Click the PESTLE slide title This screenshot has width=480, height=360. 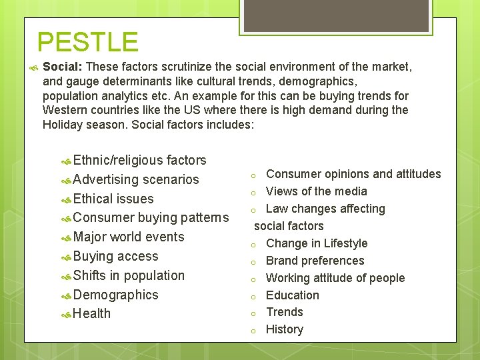click(87, 42)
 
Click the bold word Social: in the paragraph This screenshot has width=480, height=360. click(63, 67)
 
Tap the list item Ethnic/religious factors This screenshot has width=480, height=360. click(139, 161)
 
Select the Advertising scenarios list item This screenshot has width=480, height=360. click(136, 180)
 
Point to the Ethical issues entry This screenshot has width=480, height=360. click(113, 199)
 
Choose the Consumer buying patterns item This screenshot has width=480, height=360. click(151, 218)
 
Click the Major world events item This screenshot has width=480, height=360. click(129, 237)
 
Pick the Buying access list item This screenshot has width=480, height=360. click(116, 257)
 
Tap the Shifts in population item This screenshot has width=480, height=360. click(129, 276)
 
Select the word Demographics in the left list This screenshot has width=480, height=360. click(116, 295)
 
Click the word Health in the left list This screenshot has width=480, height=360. click(92, 314)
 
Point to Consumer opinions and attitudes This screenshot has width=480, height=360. click(353, 175)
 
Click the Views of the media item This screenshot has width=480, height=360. click(316, 192)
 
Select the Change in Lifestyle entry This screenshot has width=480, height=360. click(317, 244)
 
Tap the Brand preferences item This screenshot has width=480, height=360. click(315, 261)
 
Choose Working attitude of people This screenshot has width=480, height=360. click(335, 279)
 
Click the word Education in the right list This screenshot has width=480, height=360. click(292, 295)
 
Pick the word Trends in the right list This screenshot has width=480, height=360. click(284, 313)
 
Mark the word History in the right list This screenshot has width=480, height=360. click(284, 330)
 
